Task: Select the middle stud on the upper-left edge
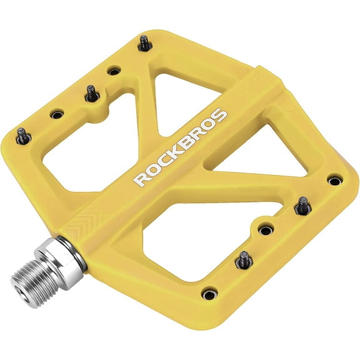click(x=91, y=92)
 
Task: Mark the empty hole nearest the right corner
click(x=335, y=181)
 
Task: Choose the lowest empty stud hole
click(x=209, y=292)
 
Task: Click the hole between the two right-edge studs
click(x=266, y=230)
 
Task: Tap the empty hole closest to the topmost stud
click(x=113, y=71)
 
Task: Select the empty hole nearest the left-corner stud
click(x=57, y=114)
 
